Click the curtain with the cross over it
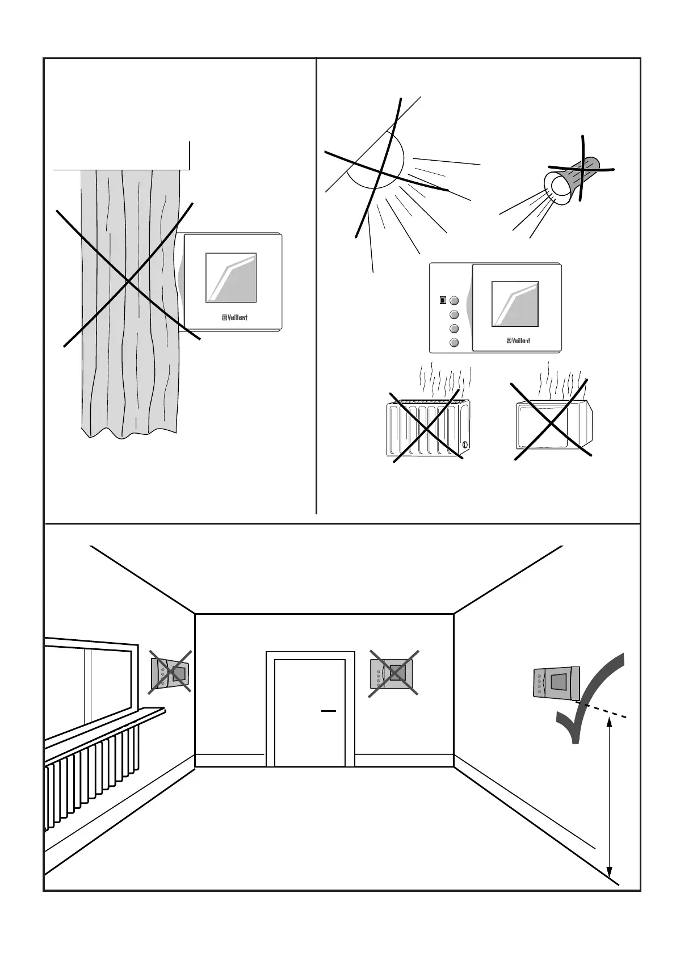coord(129,295)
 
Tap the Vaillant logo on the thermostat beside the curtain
coord(234,318)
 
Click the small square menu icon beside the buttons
coord(443,301)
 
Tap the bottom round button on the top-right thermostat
coord(454,342)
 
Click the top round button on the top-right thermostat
coord(454,301)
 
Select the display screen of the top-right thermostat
coord(515,304)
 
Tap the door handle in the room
coord(329,710)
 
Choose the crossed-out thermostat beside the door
coord(394,673)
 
